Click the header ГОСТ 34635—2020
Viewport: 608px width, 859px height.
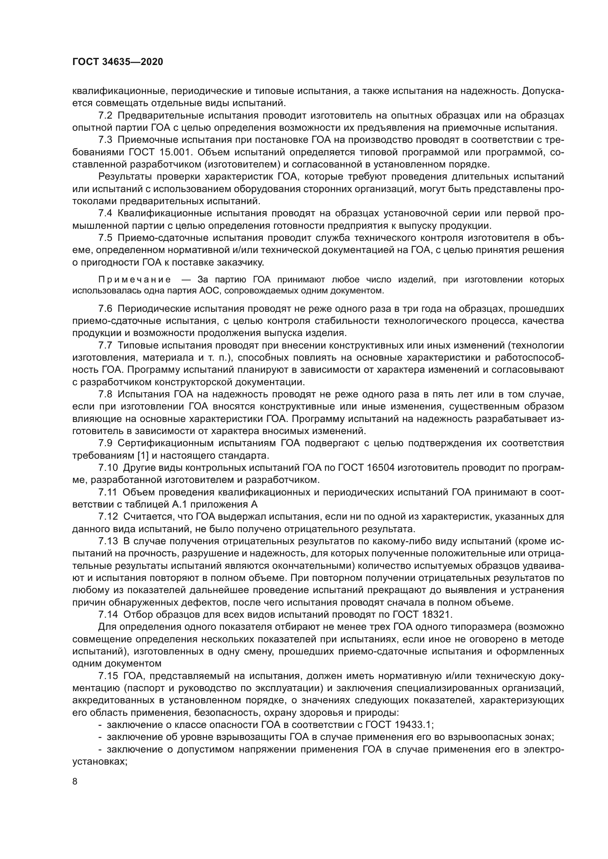[x=118, y=62]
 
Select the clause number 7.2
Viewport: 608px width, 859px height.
[x=105, y=116]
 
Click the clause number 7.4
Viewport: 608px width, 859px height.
[x=105, y=214]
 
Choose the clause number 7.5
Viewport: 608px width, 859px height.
[x=105, y=238]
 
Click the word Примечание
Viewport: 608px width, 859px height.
[x=135, y=280]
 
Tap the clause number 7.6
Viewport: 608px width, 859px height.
[x=105, y=308]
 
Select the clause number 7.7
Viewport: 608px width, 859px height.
[x=105, y=345]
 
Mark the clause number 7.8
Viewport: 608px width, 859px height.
[x=105, y=394]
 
